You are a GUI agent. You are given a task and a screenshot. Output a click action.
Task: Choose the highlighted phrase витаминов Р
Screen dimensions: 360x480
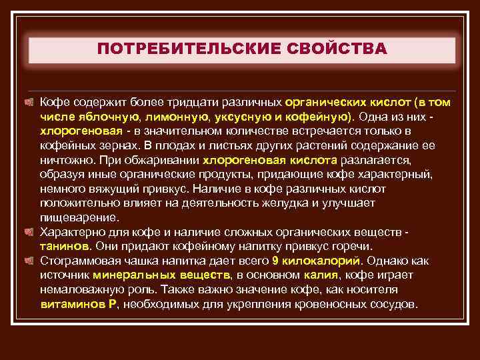click(x=78, y=304)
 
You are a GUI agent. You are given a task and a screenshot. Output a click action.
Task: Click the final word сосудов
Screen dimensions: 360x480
click(x=393, y=304)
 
